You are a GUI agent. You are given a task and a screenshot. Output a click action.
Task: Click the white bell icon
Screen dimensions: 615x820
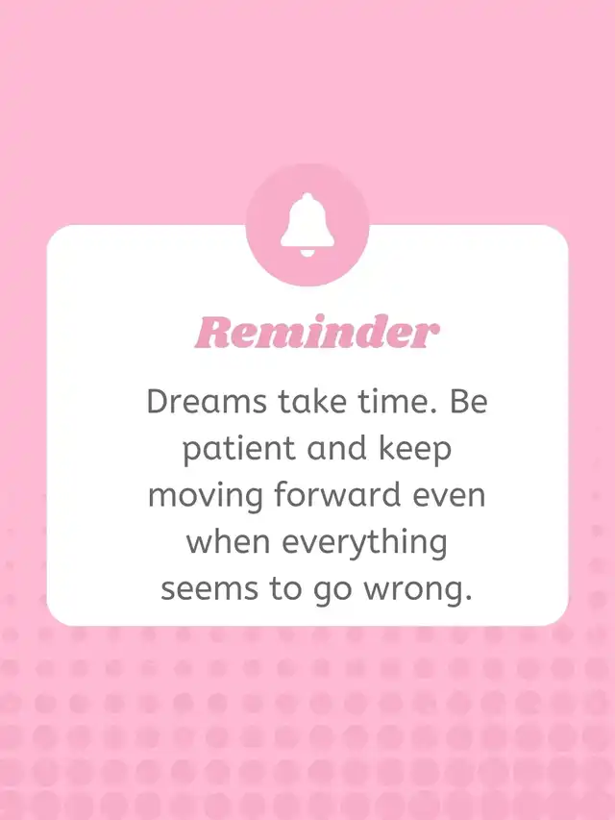(307, 225)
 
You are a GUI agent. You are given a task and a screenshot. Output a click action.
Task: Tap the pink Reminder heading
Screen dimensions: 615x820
(317, 333)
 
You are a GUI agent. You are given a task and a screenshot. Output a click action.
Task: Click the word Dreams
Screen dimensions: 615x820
(208, 402)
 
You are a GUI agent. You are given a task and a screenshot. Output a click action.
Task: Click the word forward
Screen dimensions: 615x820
(337, 495)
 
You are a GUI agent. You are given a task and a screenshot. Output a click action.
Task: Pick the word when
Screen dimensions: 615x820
(229, 542)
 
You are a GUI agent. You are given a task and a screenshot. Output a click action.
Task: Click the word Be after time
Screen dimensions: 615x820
(469, 402)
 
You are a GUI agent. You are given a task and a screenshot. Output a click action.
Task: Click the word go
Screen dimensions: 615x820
(332, 592)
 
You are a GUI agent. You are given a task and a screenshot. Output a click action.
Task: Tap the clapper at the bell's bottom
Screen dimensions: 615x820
(307, 253)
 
